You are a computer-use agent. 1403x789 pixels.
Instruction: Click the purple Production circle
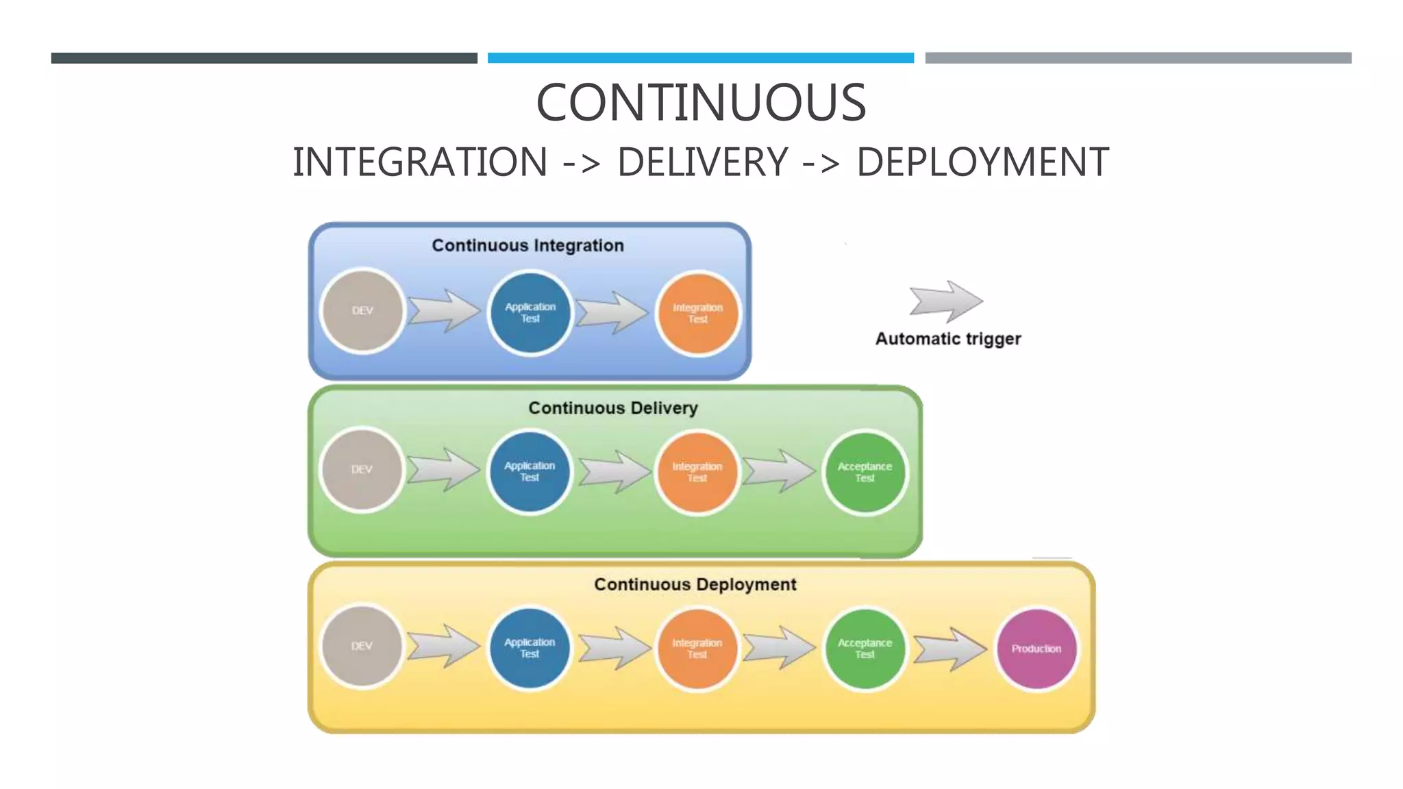point(1036,648)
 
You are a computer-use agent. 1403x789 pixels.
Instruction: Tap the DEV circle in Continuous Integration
point(362,311)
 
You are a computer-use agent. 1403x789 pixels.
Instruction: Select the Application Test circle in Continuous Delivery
point(529,471)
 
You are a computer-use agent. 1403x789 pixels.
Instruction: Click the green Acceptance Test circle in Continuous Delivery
point(865,472)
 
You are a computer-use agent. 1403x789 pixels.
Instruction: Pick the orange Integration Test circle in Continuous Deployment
point(697,648)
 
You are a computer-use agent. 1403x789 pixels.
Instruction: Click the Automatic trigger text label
point(948,339)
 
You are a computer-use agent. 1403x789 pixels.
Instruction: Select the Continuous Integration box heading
point(527,246)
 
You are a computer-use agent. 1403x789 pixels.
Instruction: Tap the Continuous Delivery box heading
point(612,408)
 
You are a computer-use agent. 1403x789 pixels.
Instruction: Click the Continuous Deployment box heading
point(695,585)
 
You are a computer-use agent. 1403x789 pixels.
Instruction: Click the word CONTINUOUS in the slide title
point(701,103)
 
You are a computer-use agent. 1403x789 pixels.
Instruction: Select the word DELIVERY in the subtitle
point(703,162)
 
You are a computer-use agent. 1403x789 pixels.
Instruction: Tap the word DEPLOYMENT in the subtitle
point(982,162)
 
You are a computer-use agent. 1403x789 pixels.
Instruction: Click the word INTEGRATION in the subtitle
point(420,162)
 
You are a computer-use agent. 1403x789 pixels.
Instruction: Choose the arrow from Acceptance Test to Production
point(949,648)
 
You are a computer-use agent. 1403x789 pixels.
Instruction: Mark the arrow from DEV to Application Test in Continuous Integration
point(445,311)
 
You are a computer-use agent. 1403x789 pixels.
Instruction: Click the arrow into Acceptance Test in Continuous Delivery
point(780,471)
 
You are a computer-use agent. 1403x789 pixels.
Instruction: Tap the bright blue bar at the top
point(700,58)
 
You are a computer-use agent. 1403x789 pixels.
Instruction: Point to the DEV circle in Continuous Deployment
point(362,647)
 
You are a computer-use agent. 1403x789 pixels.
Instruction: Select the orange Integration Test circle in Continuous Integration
point(697,313)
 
